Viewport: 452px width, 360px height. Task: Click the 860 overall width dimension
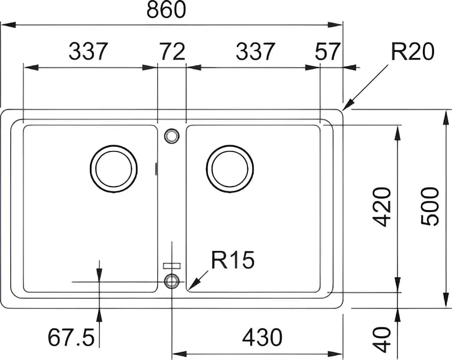[166, 10]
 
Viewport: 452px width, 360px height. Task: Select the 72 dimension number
[172, 52]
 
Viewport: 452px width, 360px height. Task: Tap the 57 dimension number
[328, 52]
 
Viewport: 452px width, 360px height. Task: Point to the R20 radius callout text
[412, 52]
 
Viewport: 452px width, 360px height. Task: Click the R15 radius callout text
[233, 260]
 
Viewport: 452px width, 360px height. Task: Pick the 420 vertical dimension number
[382, 207]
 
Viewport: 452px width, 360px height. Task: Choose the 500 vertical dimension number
[430, 206]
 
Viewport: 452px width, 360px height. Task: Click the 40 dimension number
[382, 340]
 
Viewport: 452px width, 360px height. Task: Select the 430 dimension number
[262, 337]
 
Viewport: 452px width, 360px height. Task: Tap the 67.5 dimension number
[71, 337]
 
